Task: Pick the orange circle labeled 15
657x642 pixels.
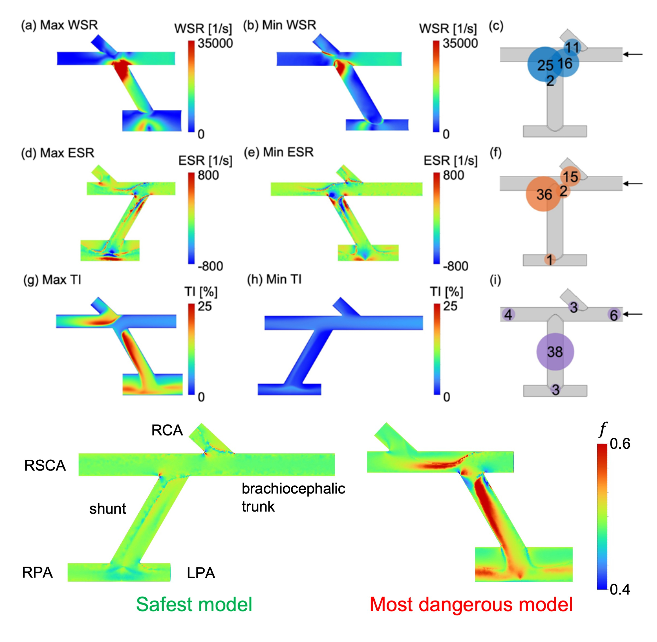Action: (570, 176)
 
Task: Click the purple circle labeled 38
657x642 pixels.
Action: (555, 352)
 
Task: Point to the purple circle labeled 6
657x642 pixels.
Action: (614, 315)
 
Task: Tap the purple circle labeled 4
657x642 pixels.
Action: (508, 315)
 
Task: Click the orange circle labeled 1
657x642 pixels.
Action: (550, 260)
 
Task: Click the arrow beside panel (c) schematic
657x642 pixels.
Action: (633, 54)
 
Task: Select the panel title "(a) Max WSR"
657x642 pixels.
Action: (59, 25)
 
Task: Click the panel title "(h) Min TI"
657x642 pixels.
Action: (274, 280)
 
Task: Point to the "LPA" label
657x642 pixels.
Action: (201, 573)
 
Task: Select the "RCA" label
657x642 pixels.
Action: (167, 430)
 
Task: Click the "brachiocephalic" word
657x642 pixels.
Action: (293, 489)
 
